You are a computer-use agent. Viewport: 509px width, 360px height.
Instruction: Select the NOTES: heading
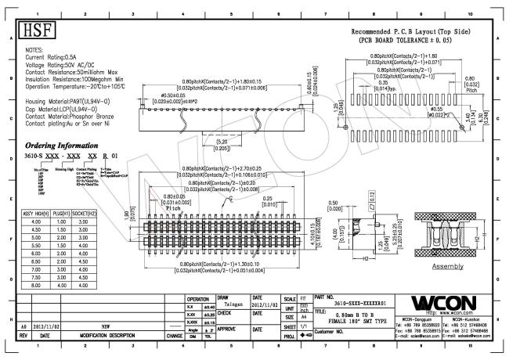pyautogui.click(x=38, y=49)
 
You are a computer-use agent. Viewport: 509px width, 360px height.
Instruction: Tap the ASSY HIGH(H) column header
pyautogui.click(x=36, y=213)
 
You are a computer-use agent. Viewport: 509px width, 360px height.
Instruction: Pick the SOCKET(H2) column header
pyautogui.click(x=85, y=213)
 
